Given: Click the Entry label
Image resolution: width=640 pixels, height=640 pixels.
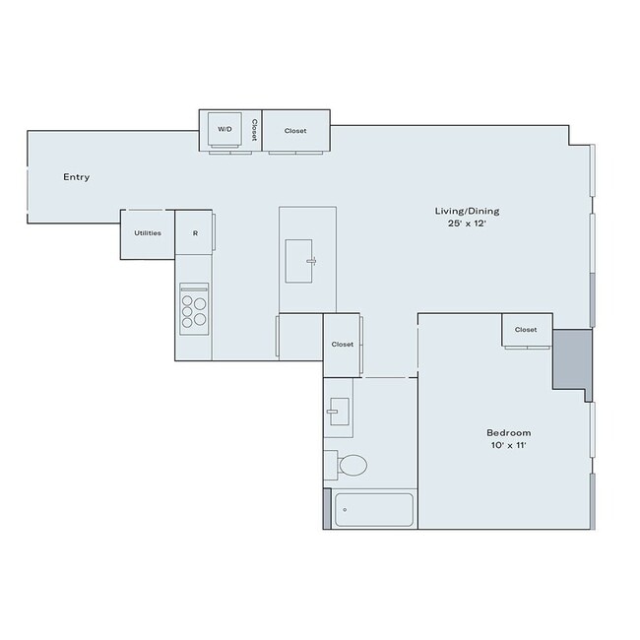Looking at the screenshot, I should click(x=77, y=177).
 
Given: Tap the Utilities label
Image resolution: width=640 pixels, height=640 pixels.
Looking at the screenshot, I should click(x=148, y=233).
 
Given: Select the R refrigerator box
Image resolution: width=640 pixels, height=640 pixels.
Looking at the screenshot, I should click(x=195, y=233).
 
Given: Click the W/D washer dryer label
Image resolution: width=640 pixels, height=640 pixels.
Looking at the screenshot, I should click(x=224, y=130).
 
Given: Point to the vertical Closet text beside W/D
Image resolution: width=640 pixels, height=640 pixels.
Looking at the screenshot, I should click(x=253, y=130).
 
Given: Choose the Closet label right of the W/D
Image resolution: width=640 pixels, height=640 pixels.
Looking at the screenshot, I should click(x=295, y=130).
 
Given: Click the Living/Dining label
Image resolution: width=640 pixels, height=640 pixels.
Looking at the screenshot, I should click(x=461, y=211).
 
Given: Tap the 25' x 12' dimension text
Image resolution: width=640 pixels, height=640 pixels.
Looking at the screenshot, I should click(x=461, y=224).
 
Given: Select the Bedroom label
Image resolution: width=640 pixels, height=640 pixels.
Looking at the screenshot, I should click(x=508, y=433).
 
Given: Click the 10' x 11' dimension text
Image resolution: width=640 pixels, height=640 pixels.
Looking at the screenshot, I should click(x=508, y=447).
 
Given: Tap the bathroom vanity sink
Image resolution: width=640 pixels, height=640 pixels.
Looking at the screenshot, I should click(x=338, y=411).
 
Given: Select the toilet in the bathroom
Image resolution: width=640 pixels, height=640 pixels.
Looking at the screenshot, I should click(x=349, y=464).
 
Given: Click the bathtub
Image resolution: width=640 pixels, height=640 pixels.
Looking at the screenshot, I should click(x=373, y=510).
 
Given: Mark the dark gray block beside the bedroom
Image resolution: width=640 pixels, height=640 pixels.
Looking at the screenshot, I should click(x=570, y=358).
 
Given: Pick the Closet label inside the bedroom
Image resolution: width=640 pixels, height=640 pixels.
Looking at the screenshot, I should click(x=526, y=330).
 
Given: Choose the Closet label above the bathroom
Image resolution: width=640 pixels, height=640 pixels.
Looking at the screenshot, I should click(x=342, y=345).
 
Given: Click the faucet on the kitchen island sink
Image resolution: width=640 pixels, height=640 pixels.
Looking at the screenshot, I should click(x=310, y=261).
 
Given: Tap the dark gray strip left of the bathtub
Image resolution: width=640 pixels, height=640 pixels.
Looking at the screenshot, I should click(x=327, y=508).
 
